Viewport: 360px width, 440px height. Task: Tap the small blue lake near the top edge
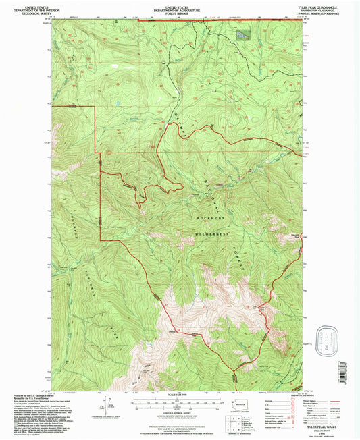241,32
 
